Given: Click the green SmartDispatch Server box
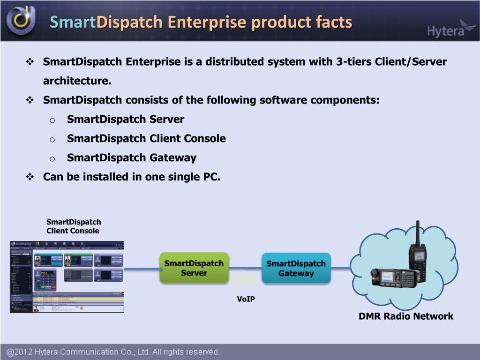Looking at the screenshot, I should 194,268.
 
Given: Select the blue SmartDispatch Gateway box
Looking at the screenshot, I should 296,268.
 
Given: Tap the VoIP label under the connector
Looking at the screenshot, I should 246,299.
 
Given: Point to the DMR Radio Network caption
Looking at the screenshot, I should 406,316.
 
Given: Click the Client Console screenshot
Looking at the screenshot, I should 67,277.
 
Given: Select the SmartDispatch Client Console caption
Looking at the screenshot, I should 74,226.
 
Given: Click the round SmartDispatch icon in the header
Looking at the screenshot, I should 21,20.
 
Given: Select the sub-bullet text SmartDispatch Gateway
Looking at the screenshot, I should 132,157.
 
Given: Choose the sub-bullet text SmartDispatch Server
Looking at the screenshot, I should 126,119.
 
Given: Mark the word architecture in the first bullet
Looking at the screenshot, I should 77,81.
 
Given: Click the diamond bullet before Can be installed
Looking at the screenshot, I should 30,177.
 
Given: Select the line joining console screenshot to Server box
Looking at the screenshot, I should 142,269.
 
